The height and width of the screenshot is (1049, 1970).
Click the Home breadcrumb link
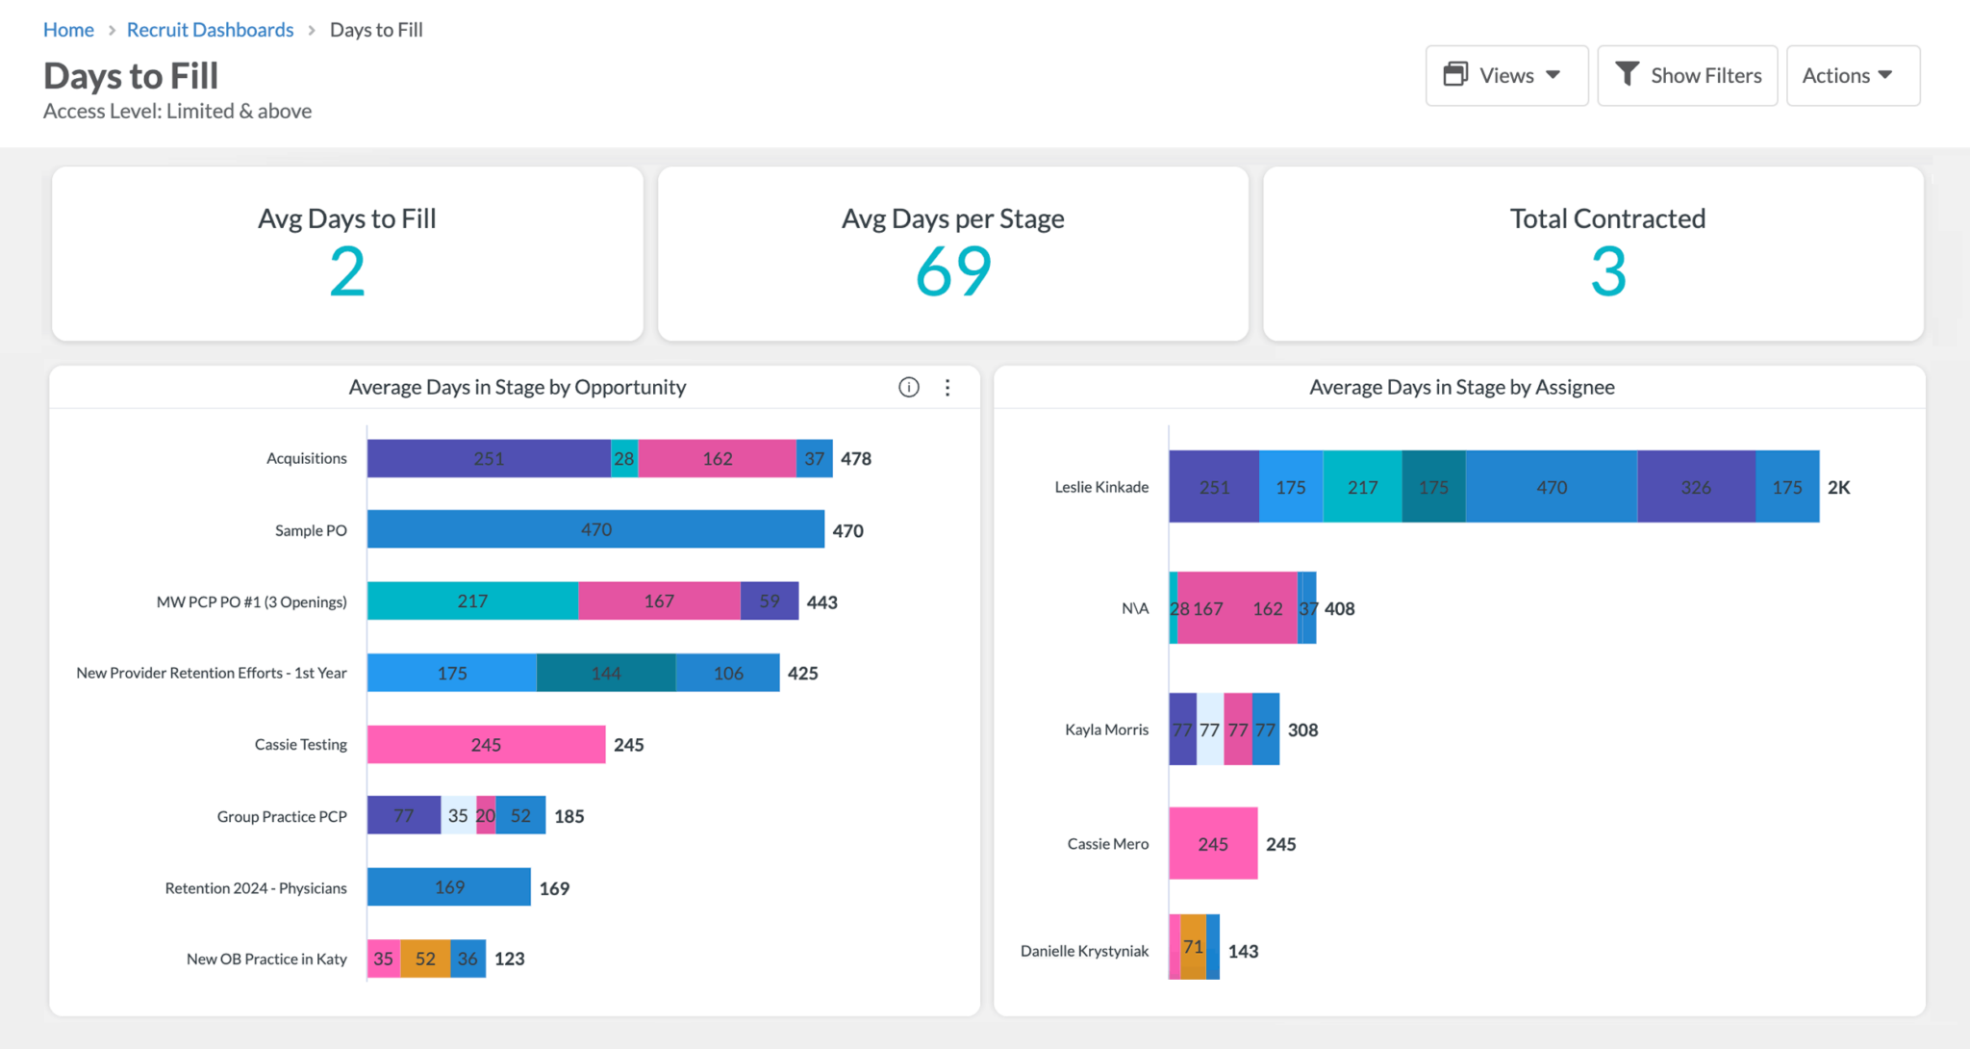(x=68, y=30)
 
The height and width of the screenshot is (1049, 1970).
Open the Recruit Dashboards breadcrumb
(x=210, y=30)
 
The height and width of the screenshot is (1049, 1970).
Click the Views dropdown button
(x=1505, y=75)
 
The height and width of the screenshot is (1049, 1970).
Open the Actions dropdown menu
(x=1852, y=75)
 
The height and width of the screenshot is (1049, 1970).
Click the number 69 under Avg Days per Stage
(x=952, y=271)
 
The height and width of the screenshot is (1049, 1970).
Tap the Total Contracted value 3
(x=1607, y=271)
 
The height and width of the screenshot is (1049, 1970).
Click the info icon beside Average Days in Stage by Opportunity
(x=908, y=387)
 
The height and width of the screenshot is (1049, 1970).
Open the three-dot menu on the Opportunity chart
(x=947, y=387)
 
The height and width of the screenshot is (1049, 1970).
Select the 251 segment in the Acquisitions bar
(x=488, y=458)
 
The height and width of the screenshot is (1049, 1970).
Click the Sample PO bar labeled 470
(x=595, y=529)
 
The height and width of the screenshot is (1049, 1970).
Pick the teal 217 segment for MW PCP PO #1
(x=472, y=601)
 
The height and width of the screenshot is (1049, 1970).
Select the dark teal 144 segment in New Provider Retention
(x=605, y=673)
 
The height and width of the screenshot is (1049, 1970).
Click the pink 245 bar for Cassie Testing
(x=486, y=744)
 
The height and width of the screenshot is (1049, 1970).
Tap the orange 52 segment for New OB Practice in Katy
(x=425, y=959)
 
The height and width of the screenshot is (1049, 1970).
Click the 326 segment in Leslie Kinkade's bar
(x=1695, y=487)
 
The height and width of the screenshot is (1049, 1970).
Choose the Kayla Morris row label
(x=1106, y=729)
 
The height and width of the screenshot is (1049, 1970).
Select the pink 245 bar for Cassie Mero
(x=1212, y=843)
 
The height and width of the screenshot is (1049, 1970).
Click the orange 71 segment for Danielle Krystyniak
(x=1193, y=947)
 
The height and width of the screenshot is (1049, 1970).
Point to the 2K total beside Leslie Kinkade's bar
(x=1838, y=487)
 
